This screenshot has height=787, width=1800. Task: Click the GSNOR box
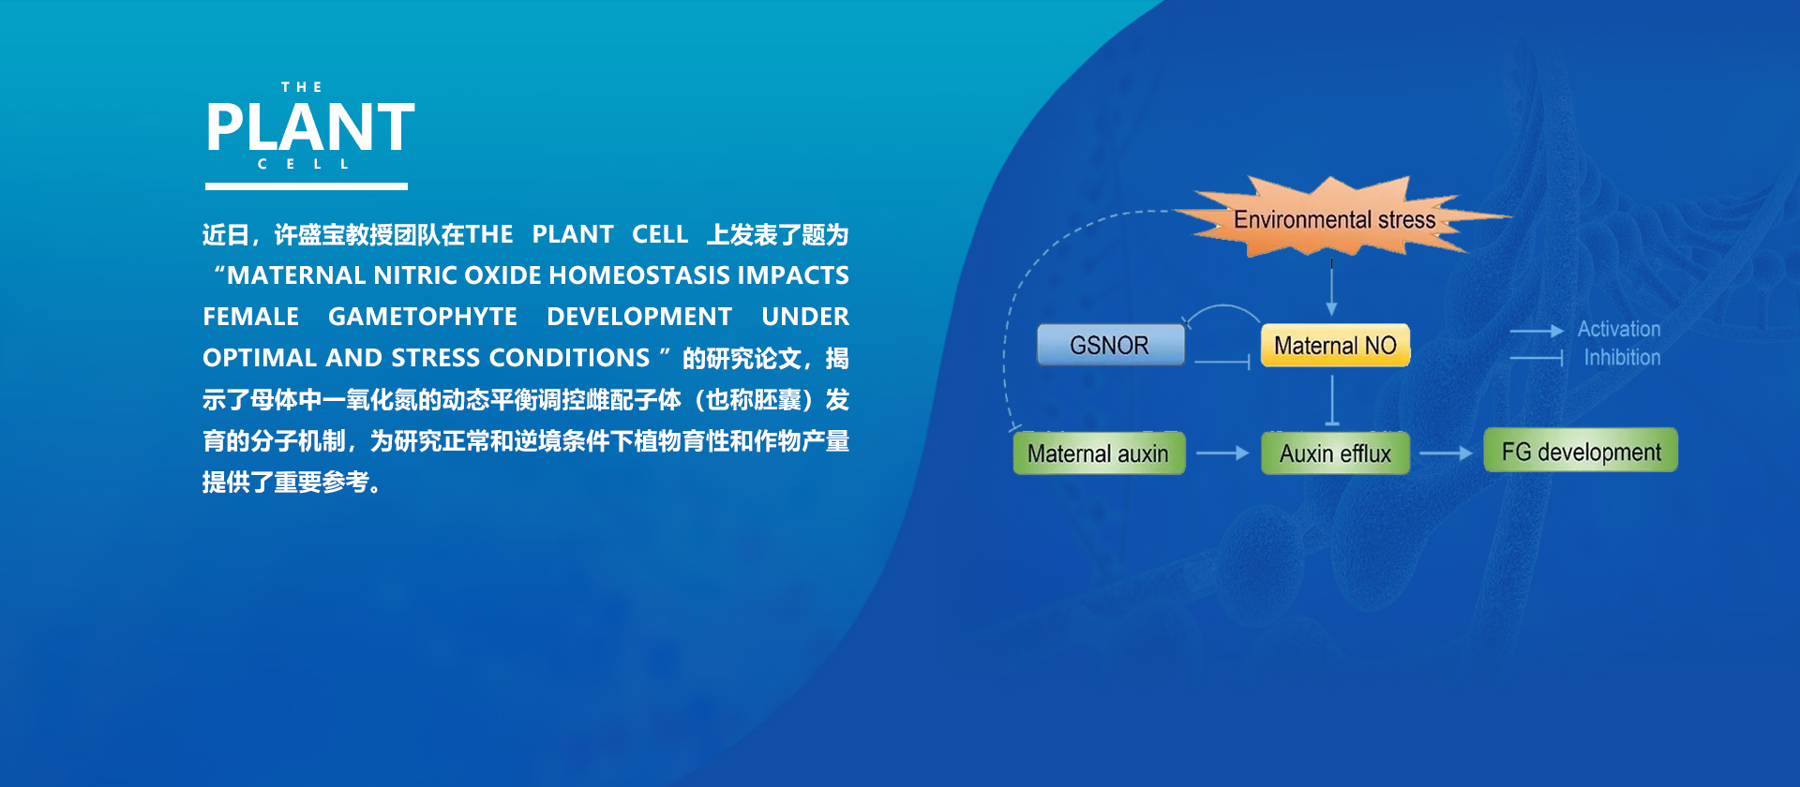pos(1110,345)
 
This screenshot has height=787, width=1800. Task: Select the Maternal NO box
pos(1335,345)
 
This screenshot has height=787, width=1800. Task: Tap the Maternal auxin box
pos(1099,453)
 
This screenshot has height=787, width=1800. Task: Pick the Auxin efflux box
pos(1335,453)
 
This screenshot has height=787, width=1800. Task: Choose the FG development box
pos(1581,451)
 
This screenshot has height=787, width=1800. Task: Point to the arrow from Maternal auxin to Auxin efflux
pos(1222,453)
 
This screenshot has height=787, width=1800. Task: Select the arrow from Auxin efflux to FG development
pos(1447,453)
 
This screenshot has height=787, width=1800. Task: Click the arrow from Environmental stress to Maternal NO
pos(1331,288)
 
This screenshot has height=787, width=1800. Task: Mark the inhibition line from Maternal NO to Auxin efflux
pos(1332,400)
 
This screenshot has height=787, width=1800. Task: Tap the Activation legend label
pos(1619,329)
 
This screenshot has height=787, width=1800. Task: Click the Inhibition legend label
pos(1622,357)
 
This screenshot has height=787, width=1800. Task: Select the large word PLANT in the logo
pos(310,127)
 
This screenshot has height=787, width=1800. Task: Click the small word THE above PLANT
pos(302,87)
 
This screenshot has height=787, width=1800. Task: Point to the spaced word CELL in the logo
pos(304,164)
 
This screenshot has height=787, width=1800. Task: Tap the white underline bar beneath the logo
pos(307,186)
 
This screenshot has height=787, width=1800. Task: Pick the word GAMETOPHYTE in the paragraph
pos(423,317)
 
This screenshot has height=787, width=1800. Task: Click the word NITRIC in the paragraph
pos(415,275)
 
